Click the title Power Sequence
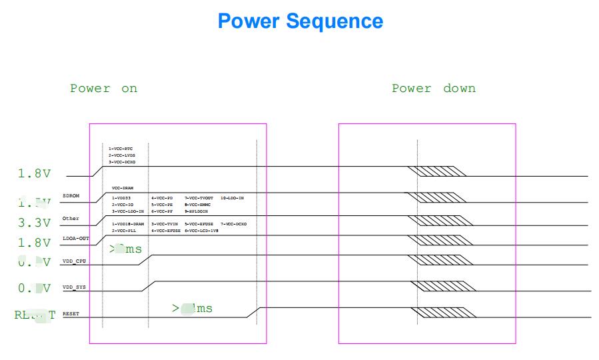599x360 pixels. (x=300, y=21)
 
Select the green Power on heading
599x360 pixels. (x=103, y=89)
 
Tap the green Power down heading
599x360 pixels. (x=433, y=89)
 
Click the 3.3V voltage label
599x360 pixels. (x=34, y=222)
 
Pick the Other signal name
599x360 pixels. (x=71, y=219)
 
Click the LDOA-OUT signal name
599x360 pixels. (x=75, y=238)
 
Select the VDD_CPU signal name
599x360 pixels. (x=74, y=261)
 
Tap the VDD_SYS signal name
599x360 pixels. (x=74, y=287)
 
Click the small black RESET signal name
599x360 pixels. (x=71, y=313)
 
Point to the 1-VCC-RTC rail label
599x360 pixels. (x=122, y=149)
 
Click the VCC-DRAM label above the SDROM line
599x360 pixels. (x=123, y=189)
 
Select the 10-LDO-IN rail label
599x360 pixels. (x=232, y=198)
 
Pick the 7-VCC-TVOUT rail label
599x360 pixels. (x=199, y=198)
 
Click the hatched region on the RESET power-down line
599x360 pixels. (x=444, y=312)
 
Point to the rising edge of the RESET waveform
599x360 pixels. (x=253, y=313)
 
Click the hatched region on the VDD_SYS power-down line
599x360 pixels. (x=444, y=287)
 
